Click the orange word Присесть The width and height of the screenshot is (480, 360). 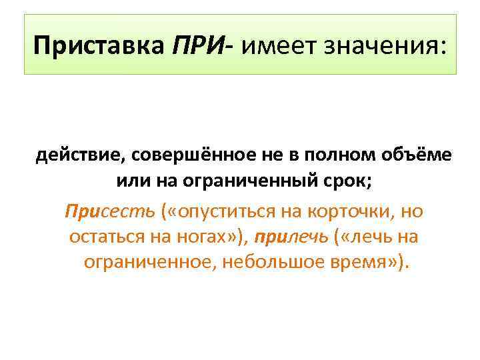pos(109,211)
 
